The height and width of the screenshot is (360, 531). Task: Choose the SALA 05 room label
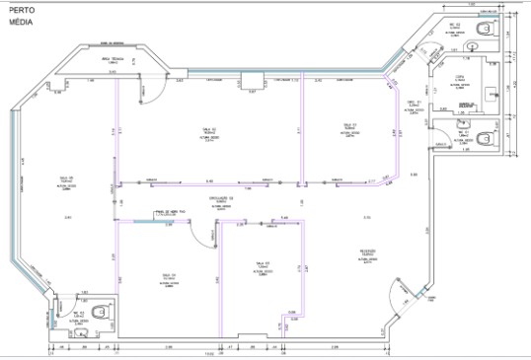(x=167, y=275)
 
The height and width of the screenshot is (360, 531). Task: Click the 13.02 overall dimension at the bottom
(x=209, y=353)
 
